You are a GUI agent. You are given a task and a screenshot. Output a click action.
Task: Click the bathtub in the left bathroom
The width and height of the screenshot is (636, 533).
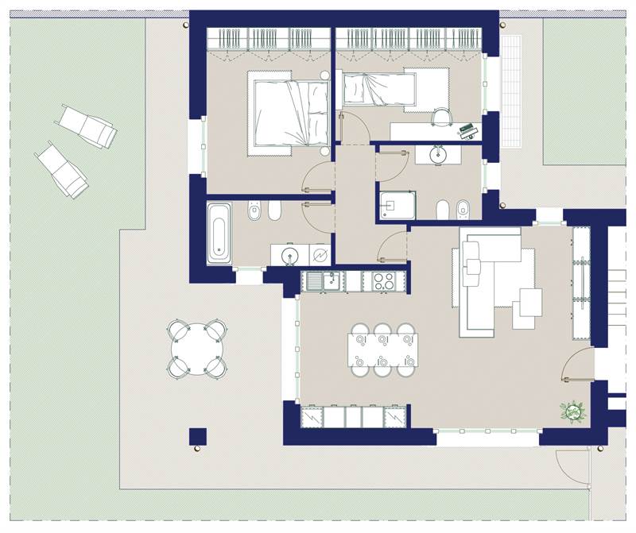(219, 234)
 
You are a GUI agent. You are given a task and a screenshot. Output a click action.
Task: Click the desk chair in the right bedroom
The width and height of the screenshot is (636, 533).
(440, 117)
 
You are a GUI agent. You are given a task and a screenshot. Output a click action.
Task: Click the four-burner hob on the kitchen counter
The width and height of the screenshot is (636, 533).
(385, 280)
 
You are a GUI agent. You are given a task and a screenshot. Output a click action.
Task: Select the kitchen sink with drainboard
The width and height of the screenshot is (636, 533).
(323, 280)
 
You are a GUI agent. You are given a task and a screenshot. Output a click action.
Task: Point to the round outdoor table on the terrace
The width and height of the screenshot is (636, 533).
(196, 348)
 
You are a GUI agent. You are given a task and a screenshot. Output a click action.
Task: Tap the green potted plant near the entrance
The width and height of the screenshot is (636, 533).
(571, 412)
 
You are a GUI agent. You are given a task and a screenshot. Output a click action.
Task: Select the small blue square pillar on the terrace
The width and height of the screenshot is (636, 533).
(198, 436)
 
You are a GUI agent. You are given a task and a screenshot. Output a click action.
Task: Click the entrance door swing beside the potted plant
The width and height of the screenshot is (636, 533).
(576, 367)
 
